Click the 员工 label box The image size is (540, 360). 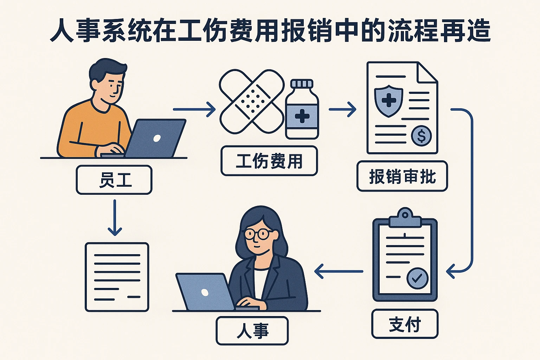(x=114, y=180)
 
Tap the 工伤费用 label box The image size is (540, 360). (x=269, y=161)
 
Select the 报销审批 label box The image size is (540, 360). (x=402, y=176)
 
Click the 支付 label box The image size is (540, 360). (x=405, y=324)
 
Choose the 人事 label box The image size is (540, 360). (x=252, y=331)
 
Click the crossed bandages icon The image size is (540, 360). (x=251, y=102)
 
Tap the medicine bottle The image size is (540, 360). (x=302, y=109)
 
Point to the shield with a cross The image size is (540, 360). (x=388, y=101)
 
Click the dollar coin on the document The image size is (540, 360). (x=421, y=136)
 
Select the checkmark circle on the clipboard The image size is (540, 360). (x=417, y=278)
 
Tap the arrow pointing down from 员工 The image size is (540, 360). (x=115, y=218)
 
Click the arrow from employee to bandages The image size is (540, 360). (x=194, y=109)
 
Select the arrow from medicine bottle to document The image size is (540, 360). (x=342, y=109)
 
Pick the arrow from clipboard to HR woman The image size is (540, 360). (x=339, y=271)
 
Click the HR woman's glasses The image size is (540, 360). (x=258, y=234)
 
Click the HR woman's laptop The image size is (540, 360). (x=205, y=292)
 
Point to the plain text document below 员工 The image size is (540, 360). (x=117, y=277)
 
